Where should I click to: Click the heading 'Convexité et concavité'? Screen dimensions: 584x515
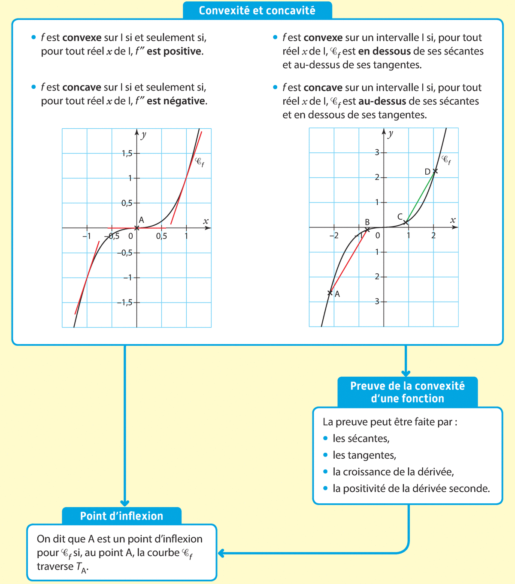[257, 11]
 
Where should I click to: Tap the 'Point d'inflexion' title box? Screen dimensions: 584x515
[121, 516]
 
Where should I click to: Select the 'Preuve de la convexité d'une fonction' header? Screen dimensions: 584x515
[407, 392]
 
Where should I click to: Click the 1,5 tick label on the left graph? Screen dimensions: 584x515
[127, 153]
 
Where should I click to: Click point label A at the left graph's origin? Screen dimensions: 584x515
[141, 220]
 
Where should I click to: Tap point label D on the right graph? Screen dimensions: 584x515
[427, 172]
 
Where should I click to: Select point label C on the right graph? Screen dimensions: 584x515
[400, 217]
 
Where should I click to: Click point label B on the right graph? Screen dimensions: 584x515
[367, 222]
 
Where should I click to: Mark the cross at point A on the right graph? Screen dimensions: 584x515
[330, 293]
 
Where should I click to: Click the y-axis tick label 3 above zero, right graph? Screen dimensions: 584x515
[377, 152]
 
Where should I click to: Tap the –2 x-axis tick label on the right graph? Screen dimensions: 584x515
[333, 236]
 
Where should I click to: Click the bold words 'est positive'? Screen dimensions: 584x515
[174, 51]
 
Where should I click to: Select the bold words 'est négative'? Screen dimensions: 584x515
[176, 101]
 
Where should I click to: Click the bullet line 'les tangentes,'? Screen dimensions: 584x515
[364, 455]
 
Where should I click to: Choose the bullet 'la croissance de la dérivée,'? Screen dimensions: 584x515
[393, 472]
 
